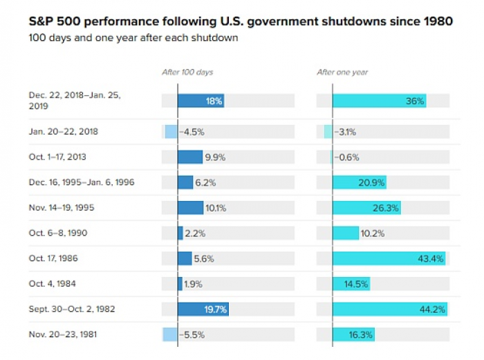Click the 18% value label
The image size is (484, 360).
tap(214, 101)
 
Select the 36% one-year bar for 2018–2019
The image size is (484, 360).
tap(379, 101)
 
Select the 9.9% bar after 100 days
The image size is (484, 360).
tap(190, 158)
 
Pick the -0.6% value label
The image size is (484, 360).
tap(346, 158)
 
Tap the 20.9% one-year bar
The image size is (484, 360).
tap(359, 182)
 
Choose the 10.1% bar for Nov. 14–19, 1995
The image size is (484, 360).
tap(191, 208)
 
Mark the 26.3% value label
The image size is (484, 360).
tap(387, 208)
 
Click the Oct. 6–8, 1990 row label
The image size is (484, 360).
tap(57, 233)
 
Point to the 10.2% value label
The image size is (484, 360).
tap(372, 233)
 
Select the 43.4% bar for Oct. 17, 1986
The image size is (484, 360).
tap(389, 258)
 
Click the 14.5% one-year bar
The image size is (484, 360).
tap(351, 283)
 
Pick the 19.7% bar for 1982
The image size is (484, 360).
tap(202, 309)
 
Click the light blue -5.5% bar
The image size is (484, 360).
tap(170, 334)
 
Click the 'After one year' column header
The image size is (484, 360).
tap(342, 72)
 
